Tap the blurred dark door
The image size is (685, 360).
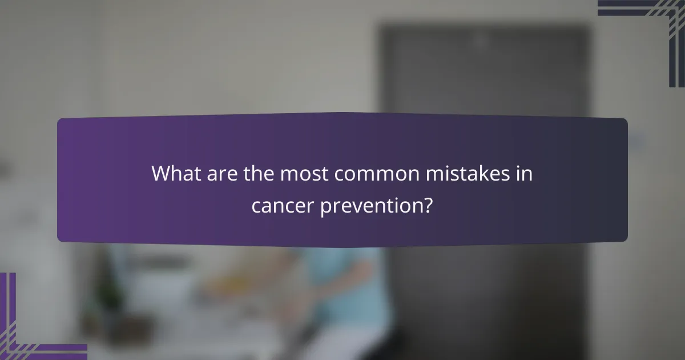(x=485, y=74)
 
